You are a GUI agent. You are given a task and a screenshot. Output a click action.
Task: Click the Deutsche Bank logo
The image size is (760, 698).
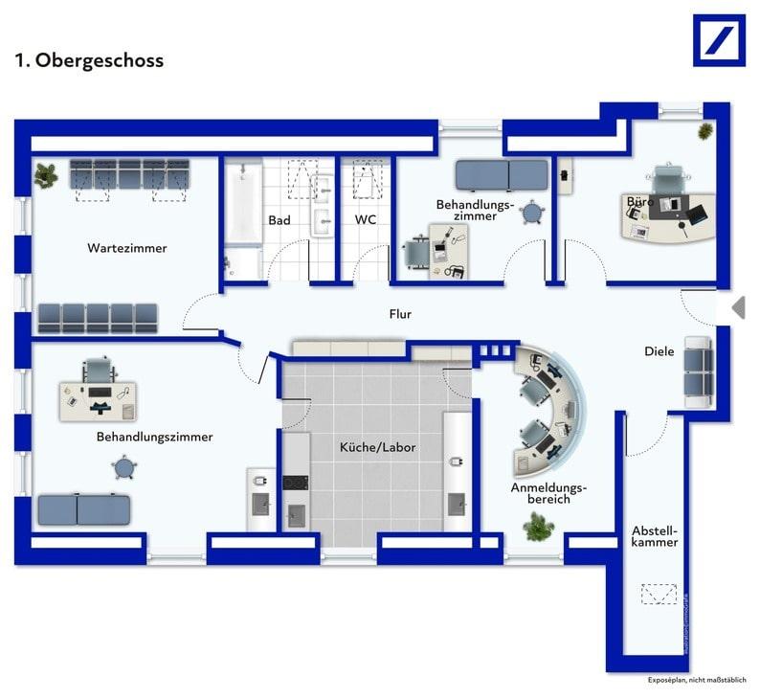(x=719, y=40)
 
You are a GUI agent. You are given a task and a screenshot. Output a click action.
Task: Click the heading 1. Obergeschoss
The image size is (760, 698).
(x=89, y=60)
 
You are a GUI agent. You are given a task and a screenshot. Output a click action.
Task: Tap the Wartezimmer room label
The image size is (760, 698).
(x=127, y=248)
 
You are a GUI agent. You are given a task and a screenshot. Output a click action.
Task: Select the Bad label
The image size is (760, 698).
(x=279, y=220)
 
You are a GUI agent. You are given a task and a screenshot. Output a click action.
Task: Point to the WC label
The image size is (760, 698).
(x=366, y=220)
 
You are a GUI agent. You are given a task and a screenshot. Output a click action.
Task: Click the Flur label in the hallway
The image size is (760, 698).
(x=400, y=314)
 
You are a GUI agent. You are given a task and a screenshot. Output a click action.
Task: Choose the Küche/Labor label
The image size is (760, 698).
(x=378, y=447)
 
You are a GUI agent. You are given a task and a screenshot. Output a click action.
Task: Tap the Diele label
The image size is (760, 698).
(x=659, y=351)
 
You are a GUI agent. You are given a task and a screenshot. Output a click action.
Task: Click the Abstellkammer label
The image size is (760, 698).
(x=655, y=536)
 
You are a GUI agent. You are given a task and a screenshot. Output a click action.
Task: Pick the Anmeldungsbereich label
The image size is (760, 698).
(x=548, y=493)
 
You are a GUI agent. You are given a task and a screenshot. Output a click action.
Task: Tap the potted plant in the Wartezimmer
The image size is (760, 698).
(x=46, y=175)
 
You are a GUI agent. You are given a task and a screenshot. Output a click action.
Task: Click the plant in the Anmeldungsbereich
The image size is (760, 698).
(x=537, y=526)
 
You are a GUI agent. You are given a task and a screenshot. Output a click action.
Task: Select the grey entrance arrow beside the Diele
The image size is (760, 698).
(x=737, y=307)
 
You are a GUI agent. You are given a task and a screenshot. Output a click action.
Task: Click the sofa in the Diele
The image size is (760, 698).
(x=698, y=372)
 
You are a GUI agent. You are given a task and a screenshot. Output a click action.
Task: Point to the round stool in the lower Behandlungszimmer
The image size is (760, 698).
(x=124, y=468)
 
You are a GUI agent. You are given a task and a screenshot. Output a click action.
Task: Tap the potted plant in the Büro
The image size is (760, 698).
(x=705, y=130)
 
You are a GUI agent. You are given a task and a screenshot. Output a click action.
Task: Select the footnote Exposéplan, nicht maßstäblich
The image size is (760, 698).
(x=696, y=680)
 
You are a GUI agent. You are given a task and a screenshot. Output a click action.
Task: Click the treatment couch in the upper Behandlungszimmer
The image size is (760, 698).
(x=501, y=175)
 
